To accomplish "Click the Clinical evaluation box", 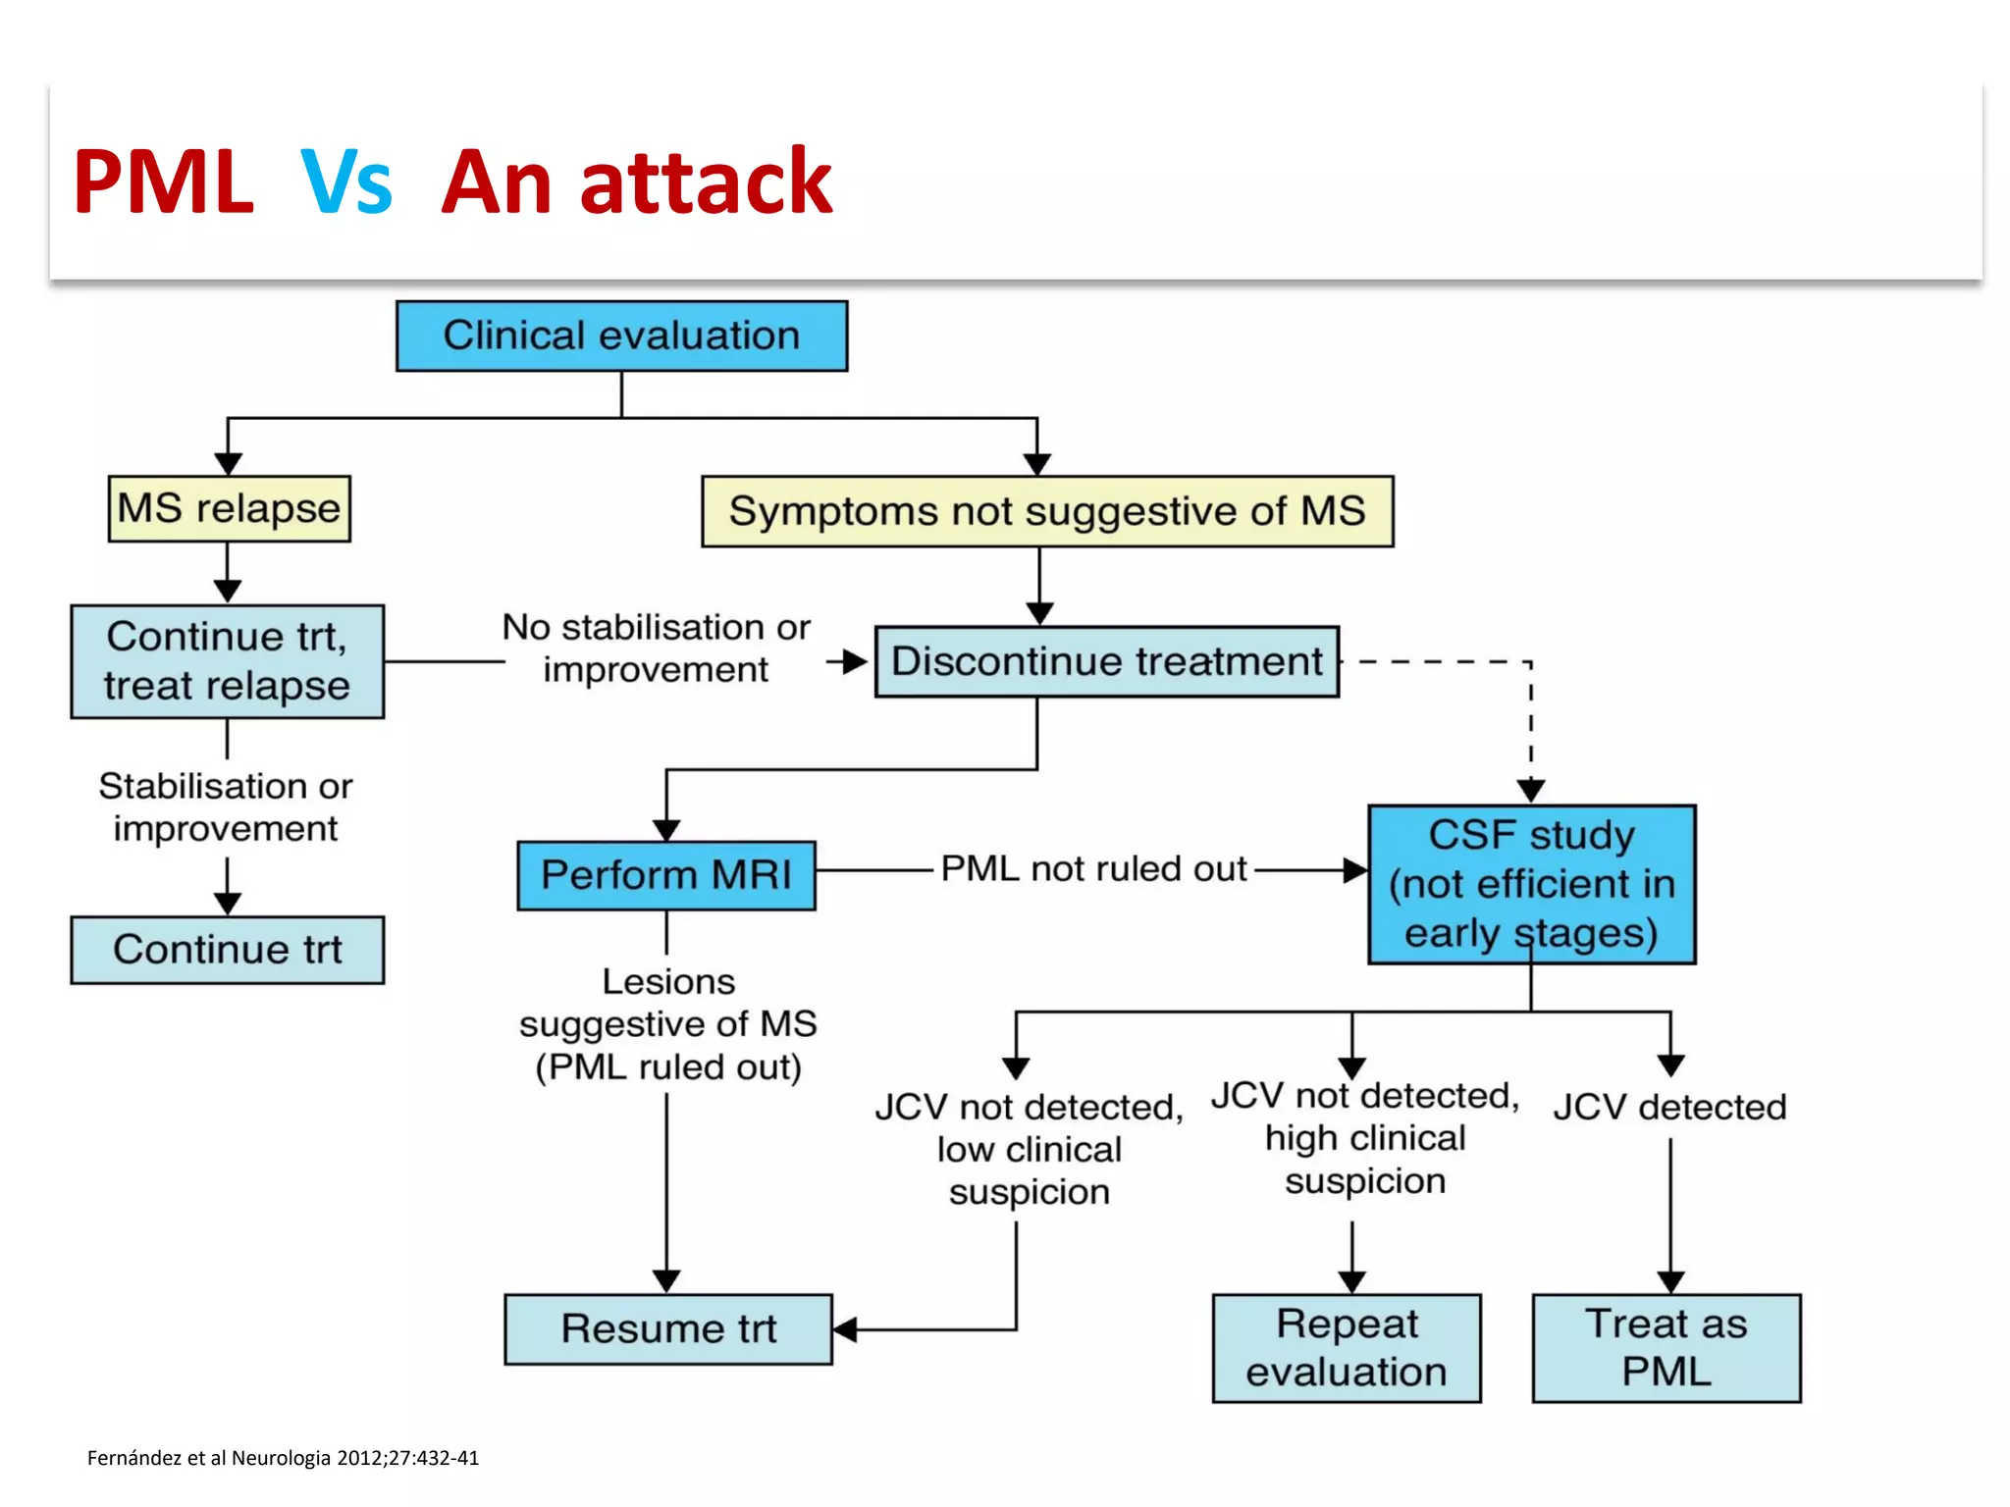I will point(621,336).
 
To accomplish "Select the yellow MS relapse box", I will point(229,508).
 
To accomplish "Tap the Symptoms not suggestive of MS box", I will point(1047,511).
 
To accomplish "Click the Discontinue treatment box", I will point(1106,661).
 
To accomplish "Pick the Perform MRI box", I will point(665,874).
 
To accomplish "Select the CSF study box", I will point(1531,883).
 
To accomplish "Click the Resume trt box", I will point(667,1328).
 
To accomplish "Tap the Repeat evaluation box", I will point(1346,1348).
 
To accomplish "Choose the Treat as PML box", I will point(1666,1348).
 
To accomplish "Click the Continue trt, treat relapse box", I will point(227,661).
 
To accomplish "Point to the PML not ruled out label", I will point(1093,868).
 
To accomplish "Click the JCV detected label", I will point(1668,1107).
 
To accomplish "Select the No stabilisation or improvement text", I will point(656,648).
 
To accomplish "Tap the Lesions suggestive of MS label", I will point(667,1023).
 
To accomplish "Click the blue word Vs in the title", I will point(345,182).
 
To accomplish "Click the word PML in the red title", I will point(163,182).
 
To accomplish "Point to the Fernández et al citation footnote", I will point(283,1458).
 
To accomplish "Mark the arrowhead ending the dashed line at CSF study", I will point(1531,790).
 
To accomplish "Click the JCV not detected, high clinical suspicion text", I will point(1364,1138).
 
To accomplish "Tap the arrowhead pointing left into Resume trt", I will point(845,1329).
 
